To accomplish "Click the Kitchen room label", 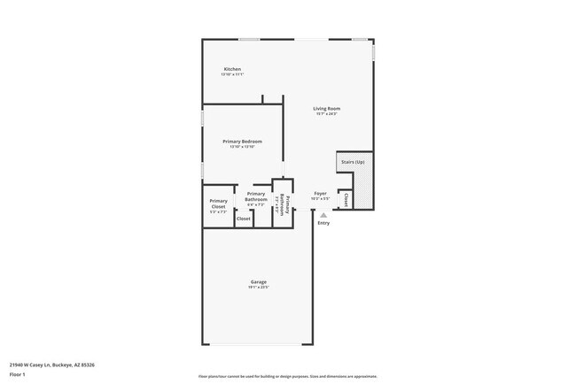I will click(x=232, y=69).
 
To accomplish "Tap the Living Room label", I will click(x=327, y=109).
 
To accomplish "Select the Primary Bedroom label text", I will click(x=242, y=142).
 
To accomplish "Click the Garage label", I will click(x=258, y=282).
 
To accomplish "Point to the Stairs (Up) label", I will click(x=353, y=163).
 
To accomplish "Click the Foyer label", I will click(x=320, y=193).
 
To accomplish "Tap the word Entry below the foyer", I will click(x=323, y=222).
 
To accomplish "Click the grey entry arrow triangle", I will click(x=323, y=213).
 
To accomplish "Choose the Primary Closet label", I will click(x=218, y=204).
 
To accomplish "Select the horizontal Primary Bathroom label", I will click(x=256, y=196).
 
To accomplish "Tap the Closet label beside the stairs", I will click(x=346, y=200).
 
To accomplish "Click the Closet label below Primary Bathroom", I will click(x=243, y=218).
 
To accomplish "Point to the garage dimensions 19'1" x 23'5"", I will click(x=258, y=288).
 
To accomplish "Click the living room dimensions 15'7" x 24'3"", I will click(x=327, y=114).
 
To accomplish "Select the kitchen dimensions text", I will click(x=232, y=74).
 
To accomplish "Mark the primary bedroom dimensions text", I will click(x=242, y=147).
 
